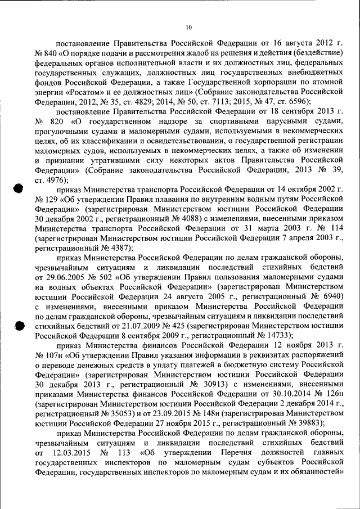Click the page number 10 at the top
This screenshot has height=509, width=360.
coord(188,26)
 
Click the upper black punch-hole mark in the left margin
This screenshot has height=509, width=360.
coord(19,190)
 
